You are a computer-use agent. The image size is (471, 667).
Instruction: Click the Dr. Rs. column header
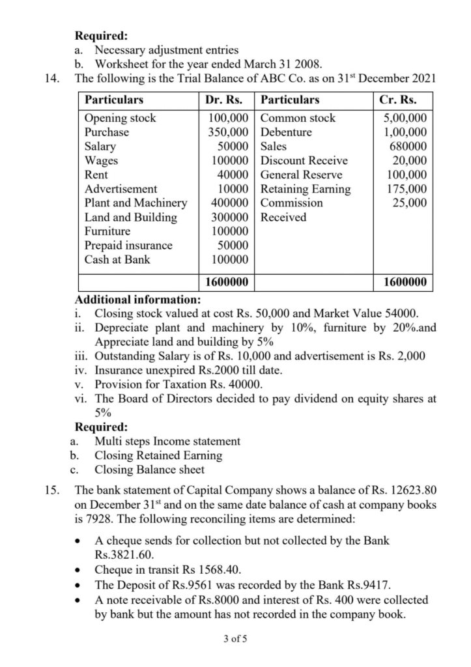[x=224, y=100]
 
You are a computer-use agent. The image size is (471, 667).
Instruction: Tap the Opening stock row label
[x=121, y=119]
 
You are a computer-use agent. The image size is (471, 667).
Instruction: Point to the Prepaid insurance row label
[x=129, y=246]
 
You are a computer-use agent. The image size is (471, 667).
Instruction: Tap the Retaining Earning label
[x=306, y=189]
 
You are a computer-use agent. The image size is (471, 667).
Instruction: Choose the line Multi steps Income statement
[x=167, y=441]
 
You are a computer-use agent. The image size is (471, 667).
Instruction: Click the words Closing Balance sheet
[x=149, y=470]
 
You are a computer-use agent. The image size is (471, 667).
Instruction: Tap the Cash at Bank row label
[x=117, y=260]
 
